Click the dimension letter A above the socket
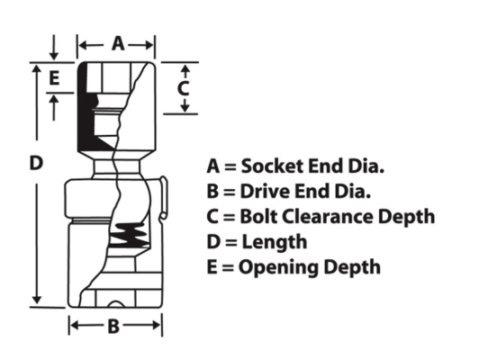click(x=118, y=43)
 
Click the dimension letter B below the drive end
click(x=113, y=326)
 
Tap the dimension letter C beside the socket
click(x=183, y=89)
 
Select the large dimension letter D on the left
click(x=36, y=163)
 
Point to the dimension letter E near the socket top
click(x=54, y=78)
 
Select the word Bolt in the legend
click(x=258, y=217)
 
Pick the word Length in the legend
click(x=275, y=242)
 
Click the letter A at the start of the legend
click(x=213, y=166)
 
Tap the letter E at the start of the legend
click(x=212, y=267)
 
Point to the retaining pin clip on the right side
click(x=164, y=198)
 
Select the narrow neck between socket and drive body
click(x=117, y=166)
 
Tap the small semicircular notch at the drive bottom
click(x=116, y=304)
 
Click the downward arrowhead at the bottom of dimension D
click(x=37, y=300)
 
